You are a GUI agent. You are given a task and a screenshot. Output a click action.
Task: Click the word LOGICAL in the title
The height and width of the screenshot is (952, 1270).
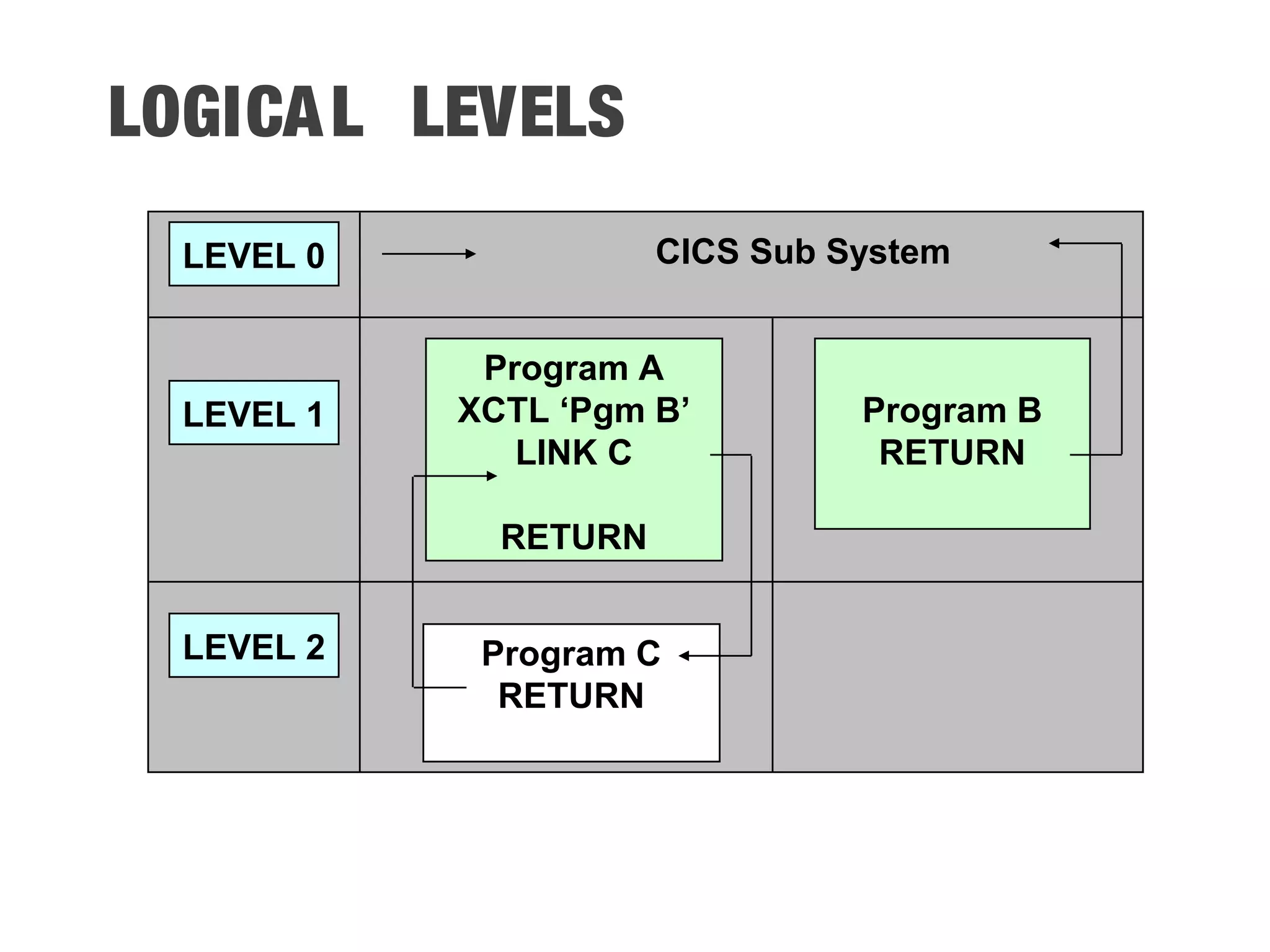(236, 112)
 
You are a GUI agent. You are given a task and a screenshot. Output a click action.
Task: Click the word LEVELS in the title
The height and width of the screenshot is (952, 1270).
(518, 112)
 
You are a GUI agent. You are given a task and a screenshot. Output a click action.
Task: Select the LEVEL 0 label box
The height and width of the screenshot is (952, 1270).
(254, 254)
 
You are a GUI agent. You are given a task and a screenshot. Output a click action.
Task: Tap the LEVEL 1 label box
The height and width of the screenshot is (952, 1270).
(254, 413)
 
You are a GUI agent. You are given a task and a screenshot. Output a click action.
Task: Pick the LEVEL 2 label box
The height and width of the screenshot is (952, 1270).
(254, 646)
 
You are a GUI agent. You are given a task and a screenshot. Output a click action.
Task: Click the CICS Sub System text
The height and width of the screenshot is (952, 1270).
(802, 252)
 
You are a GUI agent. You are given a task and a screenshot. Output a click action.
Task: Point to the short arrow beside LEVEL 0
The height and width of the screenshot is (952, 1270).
(428, 253)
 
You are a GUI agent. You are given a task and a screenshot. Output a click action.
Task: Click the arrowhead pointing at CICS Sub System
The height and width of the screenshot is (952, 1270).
(1054, 244)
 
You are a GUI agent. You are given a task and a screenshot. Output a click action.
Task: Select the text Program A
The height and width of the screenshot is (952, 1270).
(574, 368)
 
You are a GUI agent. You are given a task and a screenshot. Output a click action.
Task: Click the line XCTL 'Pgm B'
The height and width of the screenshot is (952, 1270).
(574, 410)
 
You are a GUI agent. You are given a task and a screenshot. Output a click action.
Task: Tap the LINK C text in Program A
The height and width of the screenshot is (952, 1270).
(574, 452)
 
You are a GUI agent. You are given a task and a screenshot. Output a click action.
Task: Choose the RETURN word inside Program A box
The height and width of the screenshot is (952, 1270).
(574, 537)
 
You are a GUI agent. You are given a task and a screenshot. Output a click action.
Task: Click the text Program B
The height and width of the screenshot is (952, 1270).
(952, 410)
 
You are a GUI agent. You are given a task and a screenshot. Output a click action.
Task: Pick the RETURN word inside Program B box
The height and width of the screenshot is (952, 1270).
(952, 452)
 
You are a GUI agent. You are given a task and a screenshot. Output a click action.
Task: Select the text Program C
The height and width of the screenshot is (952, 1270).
(571, 654)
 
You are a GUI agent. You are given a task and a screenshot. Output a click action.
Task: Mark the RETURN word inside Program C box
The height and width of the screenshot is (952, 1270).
(571, 695)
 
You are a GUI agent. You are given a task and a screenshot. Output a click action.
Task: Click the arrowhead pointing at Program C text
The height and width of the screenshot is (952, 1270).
(684, 656)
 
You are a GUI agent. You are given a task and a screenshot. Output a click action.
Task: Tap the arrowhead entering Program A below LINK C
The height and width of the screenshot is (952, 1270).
(492, 476)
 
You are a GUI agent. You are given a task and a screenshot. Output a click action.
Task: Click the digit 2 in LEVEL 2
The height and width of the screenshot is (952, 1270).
(315, 647)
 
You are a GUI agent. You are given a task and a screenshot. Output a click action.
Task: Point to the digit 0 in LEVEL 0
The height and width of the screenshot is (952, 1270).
(315, 255)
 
